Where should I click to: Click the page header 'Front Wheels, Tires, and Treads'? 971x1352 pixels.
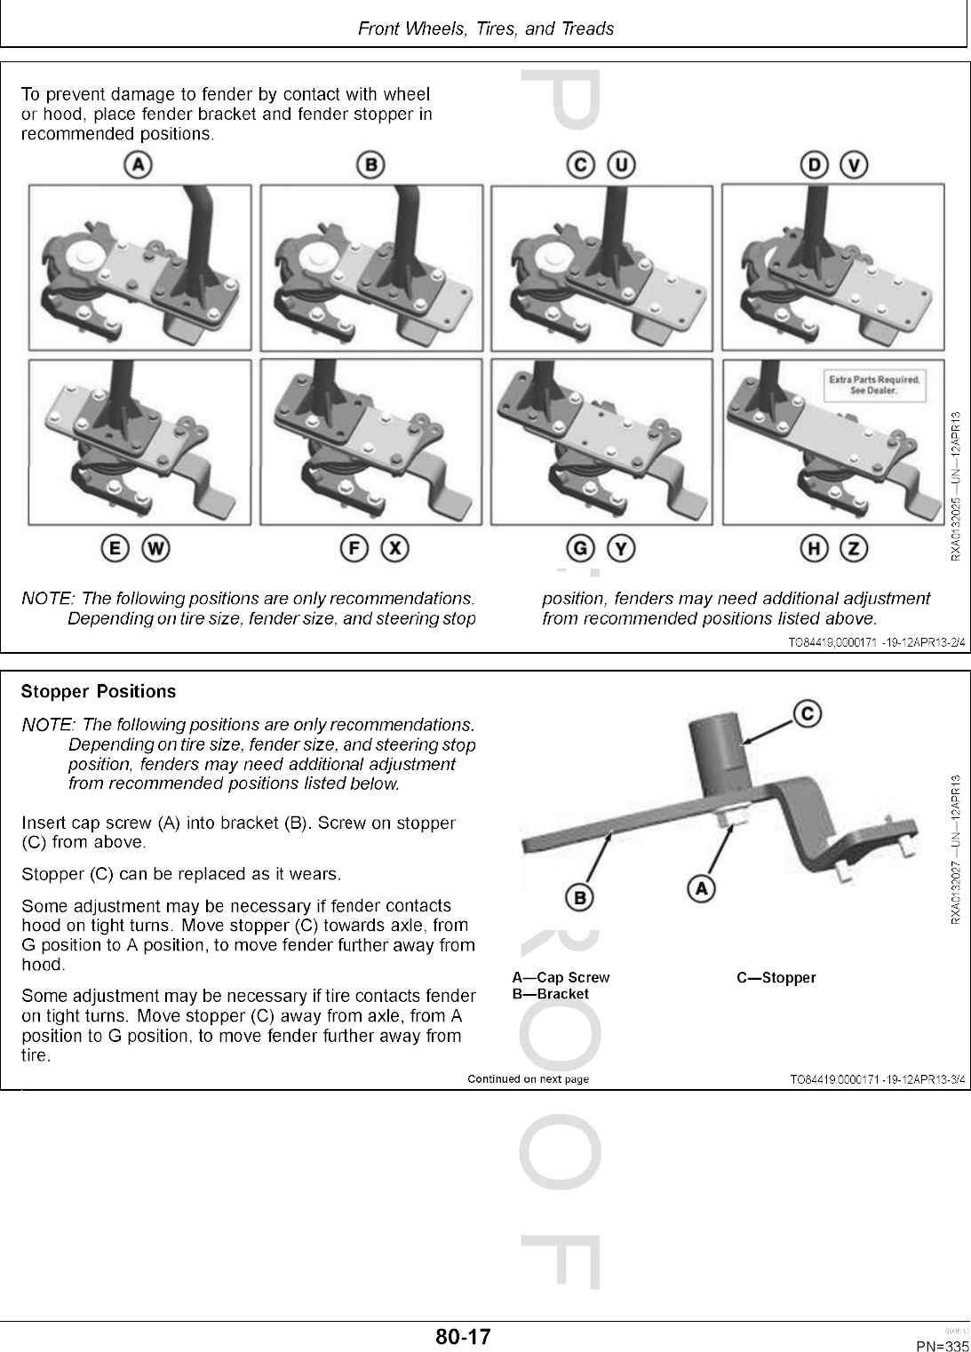click(x=485, y=28)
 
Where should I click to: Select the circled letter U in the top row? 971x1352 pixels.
click(x=622, y=164)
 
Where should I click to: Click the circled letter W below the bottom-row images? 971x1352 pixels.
click(x=155, y=549)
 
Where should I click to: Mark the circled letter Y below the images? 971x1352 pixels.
click(x=622, y=549)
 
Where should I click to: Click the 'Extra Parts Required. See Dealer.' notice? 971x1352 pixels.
click(x=874, y=385)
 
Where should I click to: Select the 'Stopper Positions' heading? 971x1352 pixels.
click(x=99, y=691)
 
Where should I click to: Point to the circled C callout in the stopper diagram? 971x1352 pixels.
click(x=807, y=712)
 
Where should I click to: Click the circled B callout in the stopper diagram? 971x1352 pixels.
click(x=580, y=898)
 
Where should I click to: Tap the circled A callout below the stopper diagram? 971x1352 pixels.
click(x=702, y=887)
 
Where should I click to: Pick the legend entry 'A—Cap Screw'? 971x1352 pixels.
click(x=561, y=978)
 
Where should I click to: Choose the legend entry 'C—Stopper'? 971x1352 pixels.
click(x=776, y=978)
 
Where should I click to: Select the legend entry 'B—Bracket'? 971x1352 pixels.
click(x=550, y=994)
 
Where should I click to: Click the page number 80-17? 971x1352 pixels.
click(x=463, y=1337)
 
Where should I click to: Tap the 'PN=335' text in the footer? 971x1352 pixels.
click(x=942, y=1347)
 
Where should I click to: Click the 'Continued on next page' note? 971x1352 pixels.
click(x=528, y=1079)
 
